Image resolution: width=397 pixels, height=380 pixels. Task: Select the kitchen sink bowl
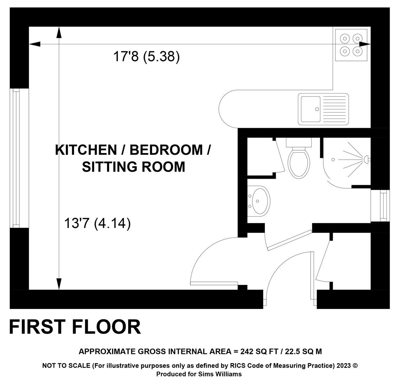311,109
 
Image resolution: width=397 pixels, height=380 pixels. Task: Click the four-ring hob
351,45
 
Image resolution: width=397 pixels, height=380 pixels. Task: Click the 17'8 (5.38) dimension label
147,56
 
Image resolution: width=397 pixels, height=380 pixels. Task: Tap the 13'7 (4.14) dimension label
97,223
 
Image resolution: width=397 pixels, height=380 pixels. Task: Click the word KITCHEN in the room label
86,150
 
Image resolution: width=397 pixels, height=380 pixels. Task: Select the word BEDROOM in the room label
166,150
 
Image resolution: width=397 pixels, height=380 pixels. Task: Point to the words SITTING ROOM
134,167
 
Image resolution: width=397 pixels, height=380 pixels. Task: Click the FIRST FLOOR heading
75,327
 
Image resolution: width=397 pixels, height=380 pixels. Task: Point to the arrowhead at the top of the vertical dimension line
59,32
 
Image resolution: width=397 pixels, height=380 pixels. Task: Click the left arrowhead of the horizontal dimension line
35,44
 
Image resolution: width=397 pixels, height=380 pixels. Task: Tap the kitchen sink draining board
334,109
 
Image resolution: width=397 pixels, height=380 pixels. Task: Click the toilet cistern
299,142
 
